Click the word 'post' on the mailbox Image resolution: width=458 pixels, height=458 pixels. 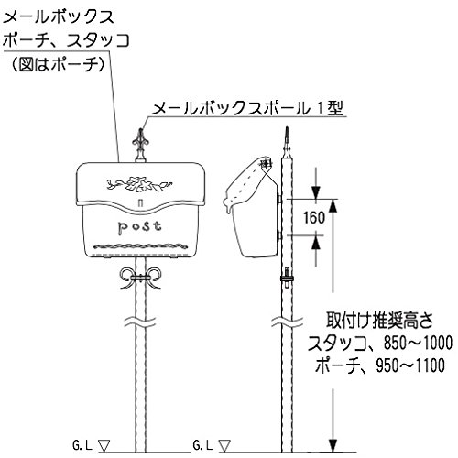[x=139, y=228]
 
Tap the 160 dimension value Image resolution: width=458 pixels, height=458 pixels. [x=314, y=217]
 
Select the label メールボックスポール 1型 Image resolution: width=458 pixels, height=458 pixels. [x=247, y=109]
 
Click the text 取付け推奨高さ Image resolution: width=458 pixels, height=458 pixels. [x=379, y=321]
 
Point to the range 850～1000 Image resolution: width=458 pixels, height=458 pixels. [x=418, y=343]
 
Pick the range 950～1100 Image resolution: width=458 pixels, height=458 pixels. [x=410, y=365]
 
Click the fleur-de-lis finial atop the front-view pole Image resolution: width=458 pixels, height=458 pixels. [x=141, y=145]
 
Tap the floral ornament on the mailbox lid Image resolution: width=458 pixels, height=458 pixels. [x=139, y=183]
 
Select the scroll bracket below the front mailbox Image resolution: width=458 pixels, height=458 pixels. [x=140, y=278]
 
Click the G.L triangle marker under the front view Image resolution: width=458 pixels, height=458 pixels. [x=104, y=445]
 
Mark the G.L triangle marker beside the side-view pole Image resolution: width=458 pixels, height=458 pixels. [x=224, y=445]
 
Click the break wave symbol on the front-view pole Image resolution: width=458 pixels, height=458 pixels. [x=140, y=322]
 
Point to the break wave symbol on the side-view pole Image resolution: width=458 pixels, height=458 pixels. [x=287, y=322]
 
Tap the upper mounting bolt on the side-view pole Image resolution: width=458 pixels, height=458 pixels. [x=278, y=199]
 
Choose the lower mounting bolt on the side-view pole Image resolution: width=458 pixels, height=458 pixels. [x=278, y=235]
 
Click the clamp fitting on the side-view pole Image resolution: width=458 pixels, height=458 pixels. [x=287, y=278]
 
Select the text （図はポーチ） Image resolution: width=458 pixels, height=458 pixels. [x=59, y=64]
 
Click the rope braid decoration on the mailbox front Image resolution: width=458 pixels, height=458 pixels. [x=140, y=246]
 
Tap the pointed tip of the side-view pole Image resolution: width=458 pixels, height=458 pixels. [x=287, y=127]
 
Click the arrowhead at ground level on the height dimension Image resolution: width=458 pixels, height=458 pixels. [x=333, y=445]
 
